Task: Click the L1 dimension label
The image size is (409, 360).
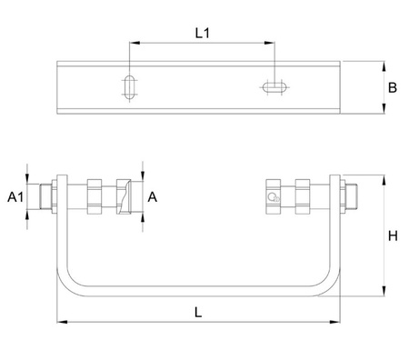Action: point(202,33)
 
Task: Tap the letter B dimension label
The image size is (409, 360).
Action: point(393,87)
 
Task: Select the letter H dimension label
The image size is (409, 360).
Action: point(393,235)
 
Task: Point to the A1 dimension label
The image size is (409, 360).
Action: point(15,197)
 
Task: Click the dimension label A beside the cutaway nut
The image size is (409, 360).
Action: point(153,197)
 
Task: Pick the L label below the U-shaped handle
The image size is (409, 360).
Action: point(198,312)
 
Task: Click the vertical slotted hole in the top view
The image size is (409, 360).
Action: point(130,87)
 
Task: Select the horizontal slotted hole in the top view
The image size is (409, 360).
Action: point(274,87)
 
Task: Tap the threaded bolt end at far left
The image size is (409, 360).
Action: point(45,196)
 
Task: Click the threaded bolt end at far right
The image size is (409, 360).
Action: point(352,196)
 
